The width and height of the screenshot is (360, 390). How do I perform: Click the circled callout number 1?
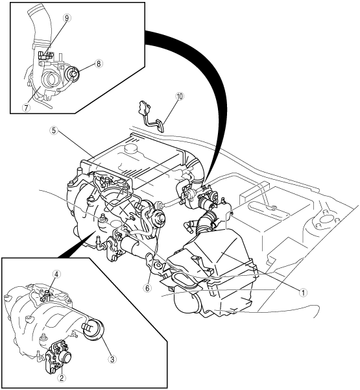(302, 293)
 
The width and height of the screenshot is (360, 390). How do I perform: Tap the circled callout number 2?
(62, 378)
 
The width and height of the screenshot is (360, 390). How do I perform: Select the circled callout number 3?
(112, 359)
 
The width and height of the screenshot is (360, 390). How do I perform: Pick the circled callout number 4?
(56, 274)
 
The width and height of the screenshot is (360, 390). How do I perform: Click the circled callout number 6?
(147, 288)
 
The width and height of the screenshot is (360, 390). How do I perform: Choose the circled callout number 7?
(26, 108)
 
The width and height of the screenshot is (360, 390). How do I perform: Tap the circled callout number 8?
(99, 64)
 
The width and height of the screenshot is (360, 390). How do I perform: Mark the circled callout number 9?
(67, 18)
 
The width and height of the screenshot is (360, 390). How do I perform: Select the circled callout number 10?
(180, 96)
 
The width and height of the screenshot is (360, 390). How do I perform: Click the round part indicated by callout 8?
(72, 74)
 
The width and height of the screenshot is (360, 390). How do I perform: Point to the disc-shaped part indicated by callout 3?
(93, 330)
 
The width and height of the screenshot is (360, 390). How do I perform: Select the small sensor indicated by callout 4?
(47, 293)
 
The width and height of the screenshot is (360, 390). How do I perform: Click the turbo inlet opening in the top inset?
(52, 79)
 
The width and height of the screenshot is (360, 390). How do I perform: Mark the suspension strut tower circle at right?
(325, 219)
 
